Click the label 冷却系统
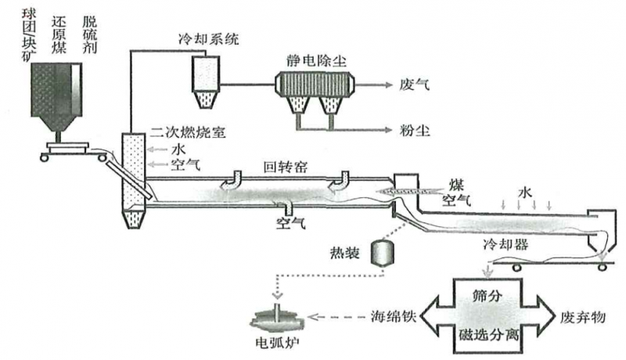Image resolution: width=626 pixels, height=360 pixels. click(x=210, y=38)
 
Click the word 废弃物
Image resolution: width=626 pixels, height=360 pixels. click(x=583, y=318)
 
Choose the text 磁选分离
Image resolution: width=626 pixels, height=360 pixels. click(x=486, y=336)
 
